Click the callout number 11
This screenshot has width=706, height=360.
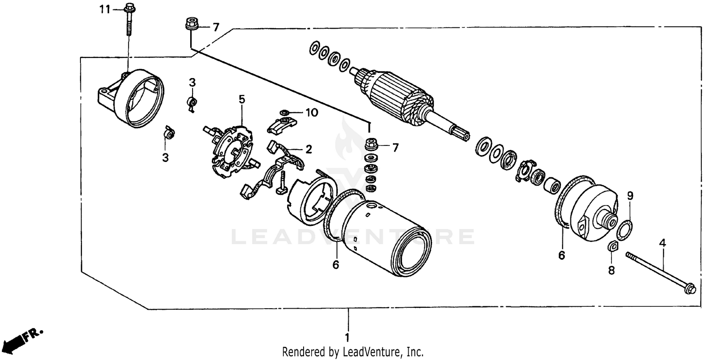click(x=104, y=9)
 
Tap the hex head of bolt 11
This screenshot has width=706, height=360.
click(x=129, y=8)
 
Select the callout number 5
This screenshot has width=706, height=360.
click(x=241, y=99)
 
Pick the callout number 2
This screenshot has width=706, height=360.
click(x=309, y=150)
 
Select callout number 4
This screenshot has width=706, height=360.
click(x=662, y=243)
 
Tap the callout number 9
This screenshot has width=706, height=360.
click(x=630, y=195)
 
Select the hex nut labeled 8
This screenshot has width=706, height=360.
click(x=612, y=246)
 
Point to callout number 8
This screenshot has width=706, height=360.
click(x=611, y=271)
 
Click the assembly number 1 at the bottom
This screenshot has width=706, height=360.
click(x=347, y=337)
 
